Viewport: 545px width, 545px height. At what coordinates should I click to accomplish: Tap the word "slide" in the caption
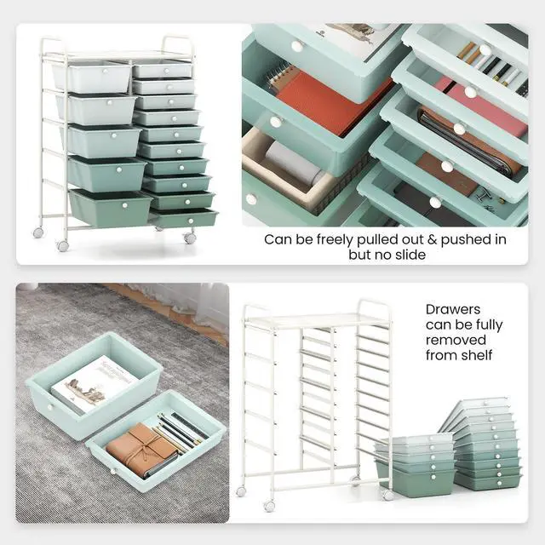(409, 255)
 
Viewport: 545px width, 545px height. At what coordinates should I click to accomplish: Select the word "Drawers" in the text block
(453, 309)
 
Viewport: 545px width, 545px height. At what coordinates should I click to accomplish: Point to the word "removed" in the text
(456, 340)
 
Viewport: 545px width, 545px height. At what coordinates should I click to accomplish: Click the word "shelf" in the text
(478, 355)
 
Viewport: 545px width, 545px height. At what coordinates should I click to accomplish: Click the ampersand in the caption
(432, 240)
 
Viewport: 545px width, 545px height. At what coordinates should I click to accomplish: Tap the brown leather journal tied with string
(142, 448)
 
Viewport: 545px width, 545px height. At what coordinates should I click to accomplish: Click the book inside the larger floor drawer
(95, 383)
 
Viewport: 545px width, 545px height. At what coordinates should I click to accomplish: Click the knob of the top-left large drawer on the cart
(105, 72)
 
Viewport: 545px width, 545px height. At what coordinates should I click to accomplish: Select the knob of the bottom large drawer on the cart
(125, 205)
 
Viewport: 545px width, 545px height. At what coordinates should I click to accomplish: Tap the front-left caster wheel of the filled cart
(62, 245)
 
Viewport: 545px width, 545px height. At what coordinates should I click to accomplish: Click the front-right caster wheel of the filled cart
(189, 238)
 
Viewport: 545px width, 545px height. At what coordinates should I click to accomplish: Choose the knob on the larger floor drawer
(49, 407)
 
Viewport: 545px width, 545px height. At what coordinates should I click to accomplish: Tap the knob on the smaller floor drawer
(112, 471)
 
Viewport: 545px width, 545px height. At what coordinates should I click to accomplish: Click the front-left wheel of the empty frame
(269, 506)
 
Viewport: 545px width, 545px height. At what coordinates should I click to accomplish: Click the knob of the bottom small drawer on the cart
(191, 221)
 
